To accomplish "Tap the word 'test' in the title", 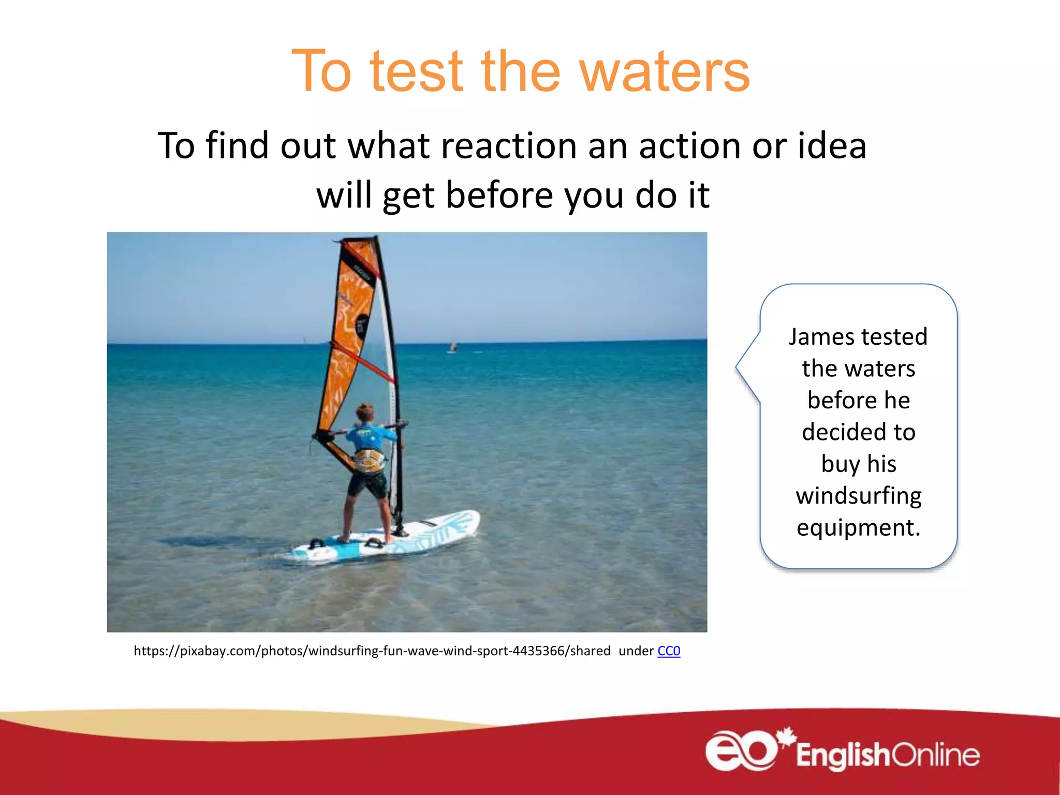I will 416,72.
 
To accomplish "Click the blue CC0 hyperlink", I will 669,651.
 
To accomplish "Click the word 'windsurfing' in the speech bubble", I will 859,496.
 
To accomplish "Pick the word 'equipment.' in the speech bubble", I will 859,527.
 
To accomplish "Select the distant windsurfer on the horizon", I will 453,347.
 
